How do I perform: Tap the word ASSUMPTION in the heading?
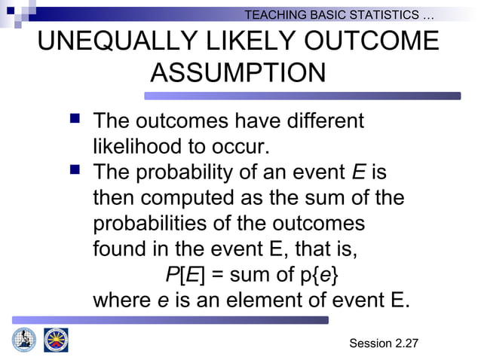[x=238, y=73]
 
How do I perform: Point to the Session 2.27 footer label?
[x=384, y=343]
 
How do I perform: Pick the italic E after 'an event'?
[x=359, y=172]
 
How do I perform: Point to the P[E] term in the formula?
[x=184, y=274]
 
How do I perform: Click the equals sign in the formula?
[x=219, y=274]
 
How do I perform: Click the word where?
[x=121, y=300]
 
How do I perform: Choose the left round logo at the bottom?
[x=24, y=340]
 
